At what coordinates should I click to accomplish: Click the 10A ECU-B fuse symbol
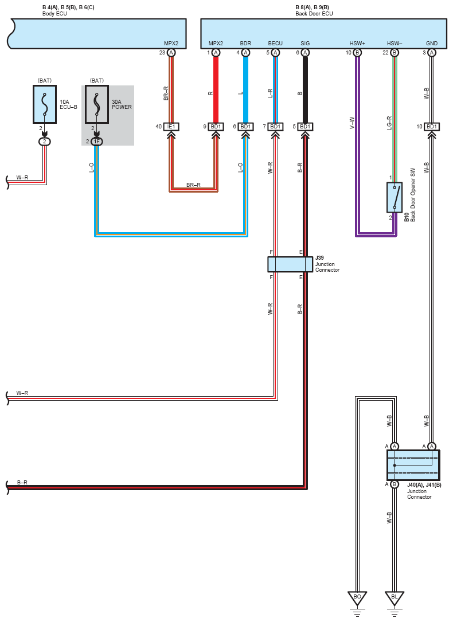point(44,104)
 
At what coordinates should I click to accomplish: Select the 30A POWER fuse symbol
point(97,104)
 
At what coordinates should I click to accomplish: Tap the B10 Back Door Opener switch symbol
point(395,197)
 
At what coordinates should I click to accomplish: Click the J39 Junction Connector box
point(290,264)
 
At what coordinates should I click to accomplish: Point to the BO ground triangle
point(357,598)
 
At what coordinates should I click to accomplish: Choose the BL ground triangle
point(395,598)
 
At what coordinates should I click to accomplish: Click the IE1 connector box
point(171,127)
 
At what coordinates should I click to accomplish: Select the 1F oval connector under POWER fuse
point(97,142)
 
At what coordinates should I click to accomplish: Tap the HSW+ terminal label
point(357,43)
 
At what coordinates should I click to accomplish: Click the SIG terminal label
point(305,43)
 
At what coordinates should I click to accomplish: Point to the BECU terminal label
point(275,43)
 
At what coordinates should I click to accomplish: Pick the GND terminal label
point(432,43)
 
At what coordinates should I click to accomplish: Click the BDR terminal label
point(245,43)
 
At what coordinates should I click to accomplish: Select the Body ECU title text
point(54,14)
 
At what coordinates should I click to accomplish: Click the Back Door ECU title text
point(314,14)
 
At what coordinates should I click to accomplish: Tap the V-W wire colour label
point(352,123)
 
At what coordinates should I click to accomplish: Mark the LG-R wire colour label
point(389,123)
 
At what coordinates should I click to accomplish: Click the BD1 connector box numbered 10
point(432,127)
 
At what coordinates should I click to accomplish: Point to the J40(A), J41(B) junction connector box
point(413,465)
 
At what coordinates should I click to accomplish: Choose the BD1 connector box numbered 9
point(216,127)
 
